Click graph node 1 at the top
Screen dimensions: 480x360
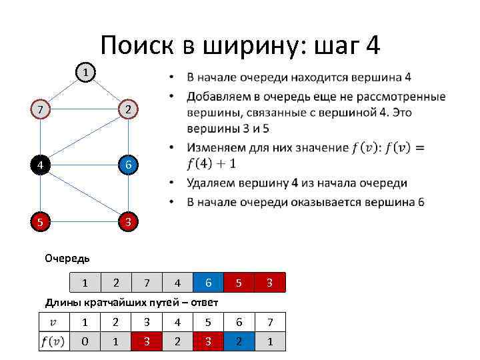click(x=85, y=71)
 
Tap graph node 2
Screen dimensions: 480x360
click(x=127, y=109)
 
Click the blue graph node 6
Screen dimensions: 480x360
click(x=127, y=165)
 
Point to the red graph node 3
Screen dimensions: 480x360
click(x=127, y=221)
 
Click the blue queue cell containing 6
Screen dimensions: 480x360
click(x=209, y=283)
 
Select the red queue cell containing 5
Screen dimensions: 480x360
click(x=239, y=283)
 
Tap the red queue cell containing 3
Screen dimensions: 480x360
click(x=270, y=283)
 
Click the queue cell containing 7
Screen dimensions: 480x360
click(x=147, y=283)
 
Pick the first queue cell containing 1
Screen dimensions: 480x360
click(x=85, y=283)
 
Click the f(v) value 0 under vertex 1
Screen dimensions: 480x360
click(x=85, y=341)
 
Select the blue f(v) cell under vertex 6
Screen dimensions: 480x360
click(x=239, y=341)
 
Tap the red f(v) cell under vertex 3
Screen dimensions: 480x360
click(x=147, y=341)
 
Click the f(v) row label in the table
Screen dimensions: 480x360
click(x=54, y=341)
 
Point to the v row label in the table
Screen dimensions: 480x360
click(x=54, y=322)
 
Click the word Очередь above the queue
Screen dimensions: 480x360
click(x=67, y=258)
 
